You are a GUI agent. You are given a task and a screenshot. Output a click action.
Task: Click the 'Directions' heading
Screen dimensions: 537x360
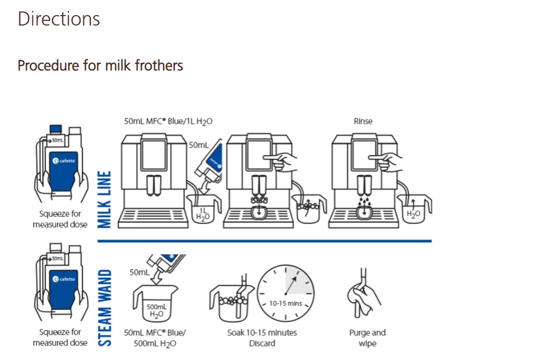pos(58,19)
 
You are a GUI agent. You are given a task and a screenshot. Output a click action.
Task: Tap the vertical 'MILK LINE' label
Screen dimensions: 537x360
pos(104,200)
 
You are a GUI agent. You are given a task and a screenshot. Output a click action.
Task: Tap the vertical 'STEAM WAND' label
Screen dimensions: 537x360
pos(105,308)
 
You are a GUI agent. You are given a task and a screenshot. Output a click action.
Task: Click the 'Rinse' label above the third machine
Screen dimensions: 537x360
pos(363,121)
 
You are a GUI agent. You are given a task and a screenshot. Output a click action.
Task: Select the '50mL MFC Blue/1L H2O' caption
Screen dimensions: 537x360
pos(168,121)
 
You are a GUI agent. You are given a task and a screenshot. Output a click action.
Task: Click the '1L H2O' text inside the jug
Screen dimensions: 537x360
pos(203,214)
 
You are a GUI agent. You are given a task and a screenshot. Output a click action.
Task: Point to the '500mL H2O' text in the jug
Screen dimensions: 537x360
pos(156,311)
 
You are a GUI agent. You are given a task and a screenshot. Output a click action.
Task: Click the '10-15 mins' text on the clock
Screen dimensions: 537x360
pos(286,304)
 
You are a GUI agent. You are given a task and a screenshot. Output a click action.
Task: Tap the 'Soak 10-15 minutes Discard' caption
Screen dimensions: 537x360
pos(262,338)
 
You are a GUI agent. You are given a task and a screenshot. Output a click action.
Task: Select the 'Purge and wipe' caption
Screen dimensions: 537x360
pos(368,338)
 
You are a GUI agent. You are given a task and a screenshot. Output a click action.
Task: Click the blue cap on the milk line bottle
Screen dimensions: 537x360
pos(56,129)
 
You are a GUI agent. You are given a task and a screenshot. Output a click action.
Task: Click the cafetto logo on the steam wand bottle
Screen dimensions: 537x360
pos(64,279)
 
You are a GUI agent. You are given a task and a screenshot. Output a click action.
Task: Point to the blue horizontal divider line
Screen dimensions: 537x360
pos(264,241)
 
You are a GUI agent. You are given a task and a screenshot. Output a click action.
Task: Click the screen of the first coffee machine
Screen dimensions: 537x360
pos(154,155)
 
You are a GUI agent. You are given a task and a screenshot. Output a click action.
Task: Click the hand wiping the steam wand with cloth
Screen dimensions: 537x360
pos(364,297)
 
